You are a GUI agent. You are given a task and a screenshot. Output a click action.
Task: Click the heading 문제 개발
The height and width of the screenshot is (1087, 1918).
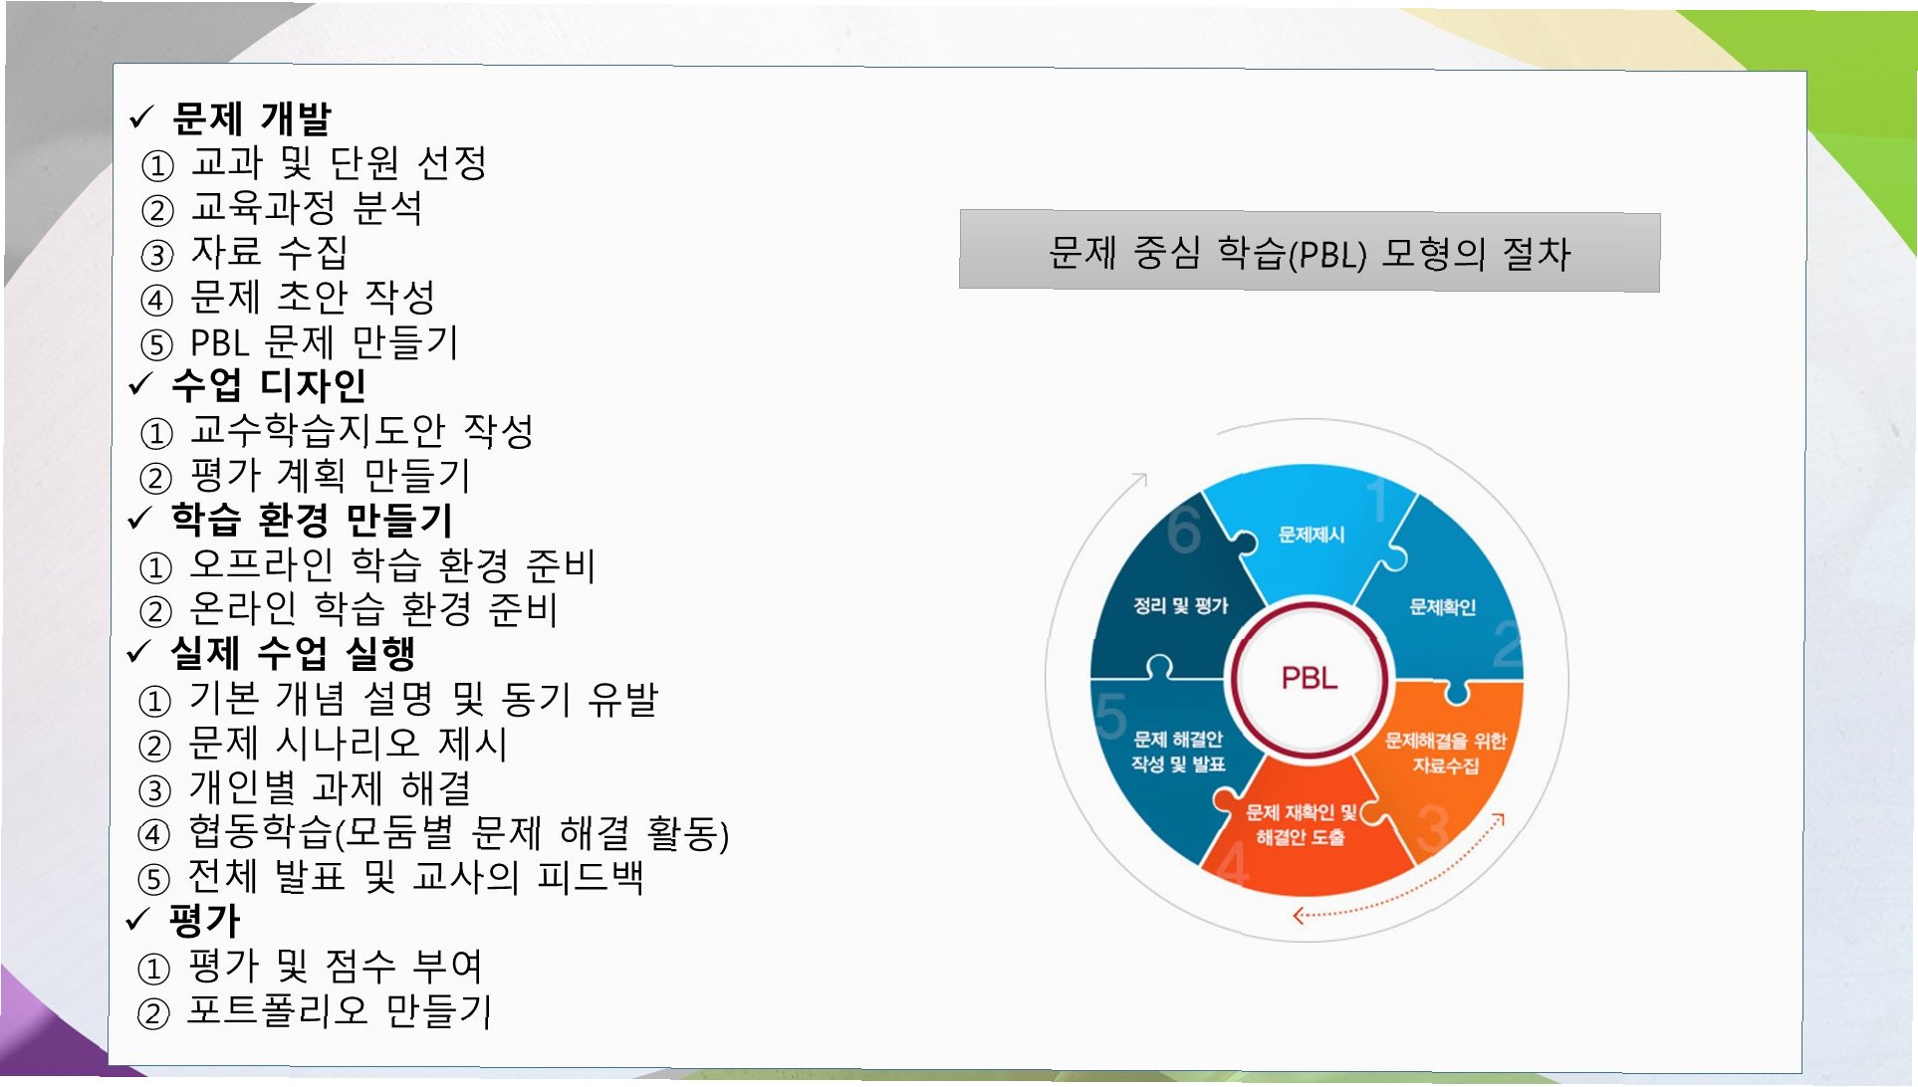[x=251, y=118]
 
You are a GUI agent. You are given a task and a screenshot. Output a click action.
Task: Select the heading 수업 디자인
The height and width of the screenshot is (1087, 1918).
[x=269, y=385]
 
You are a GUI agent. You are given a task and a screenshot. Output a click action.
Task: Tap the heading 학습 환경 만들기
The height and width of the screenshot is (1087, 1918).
[x=312, y=520]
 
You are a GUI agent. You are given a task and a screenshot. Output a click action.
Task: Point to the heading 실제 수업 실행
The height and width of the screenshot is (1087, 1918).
[x=293, y=654]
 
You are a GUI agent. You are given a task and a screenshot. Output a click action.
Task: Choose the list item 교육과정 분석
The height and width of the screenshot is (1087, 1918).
[x=307, y=208]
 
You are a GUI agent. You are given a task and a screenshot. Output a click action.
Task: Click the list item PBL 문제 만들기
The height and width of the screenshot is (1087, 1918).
[x=324, y=342]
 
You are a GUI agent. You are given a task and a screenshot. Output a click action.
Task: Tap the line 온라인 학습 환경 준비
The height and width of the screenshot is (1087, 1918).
[x=373, y=609]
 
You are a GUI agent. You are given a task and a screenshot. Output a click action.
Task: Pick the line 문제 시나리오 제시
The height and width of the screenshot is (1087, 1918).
[x=349, y=744]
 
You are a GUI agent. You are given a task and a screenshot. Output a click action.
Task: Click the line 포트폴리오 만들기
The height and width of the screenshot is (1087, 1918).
[x=340, y=1011]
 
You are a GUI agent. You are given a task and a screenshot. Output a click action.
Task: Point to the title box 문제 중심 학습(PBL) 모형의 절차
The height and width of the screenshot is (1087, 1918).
[x=1309, y=252]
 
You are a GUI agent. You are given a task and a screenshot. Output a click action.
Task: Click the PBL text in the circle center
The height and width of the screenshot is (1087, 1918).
[x=1309, y=679]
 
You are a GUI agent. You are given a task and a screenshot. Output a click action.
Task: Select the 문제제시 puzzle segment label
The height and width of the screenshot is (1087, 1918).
[x=1312, y=536]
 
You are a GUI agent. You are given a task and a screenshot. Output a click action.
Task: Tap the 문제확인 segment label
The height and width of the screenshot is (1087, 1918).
[x=1442, y=607]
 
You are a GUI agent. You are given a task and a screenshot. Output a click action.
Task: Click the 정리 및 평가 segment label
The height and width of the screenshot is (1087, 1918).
[x=1181, y=606]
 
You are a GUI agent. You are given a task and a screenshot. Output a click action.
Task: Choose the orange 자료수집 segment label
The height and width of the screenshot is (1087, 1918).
[x=1445, y=753]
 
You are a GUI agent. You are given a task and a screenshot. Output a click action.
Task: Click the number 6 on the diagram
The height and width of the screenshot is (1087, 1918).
[x=1183, y=530]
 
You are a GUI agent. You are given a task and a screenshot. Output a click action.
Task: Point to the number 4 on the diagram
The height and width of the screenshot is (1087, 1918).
[x=1233, y=863]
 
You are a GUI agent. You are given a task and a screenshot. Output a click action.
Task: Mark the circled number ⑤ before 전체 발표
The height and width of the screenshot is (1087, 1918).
[x=153, y=879]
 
